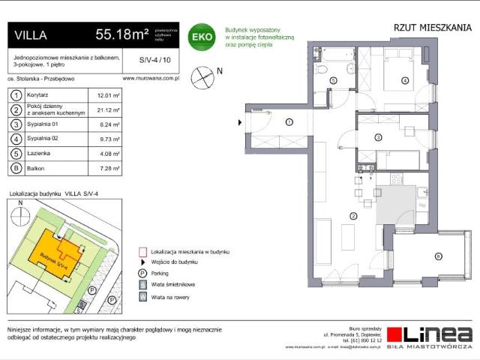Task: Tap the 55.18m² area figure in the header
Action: pos(121,34)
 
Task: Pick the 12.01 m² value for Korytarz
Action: pos(99,96)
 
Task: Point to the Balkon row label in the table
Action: pos(36,169)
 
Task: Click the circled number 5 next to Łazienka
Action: pos(13,154)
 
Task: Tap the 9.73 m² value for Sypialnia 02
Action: pos(99,139)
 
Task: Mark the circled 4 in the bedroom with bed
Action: pos(404,79)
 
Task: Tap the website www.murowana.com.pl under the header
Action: pos(148,77)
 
